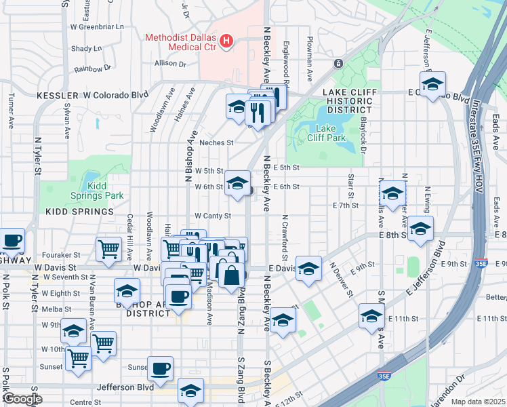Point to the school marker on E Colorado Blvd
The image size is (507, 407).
pyautogui.click(x=432, y=84)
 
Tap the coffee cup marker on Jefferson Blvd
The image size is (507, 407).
pyautogui.click(x=160, y=368)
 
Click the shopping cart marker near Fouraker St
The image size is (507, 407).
pyautogui.click(x=108, y=250)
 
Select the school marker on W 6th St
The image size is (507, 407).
pyautogui.click(x=237, y=183)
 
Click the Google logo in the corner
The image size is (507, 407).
pyautogui.click(x=22, y=399)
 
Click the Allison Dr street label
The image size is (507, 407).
pyautogui.click(x=170, y=63)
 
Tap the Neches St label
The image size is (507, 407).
pyautogui.click(x=216, y=143)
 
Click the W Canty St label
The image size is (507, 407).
pyautogui.click(x=213, y=216)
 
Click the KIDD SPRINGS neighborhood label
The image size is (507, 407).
pyautogui.click(x=79, y=212)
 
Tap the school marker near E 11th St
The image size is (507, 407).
pyautogui.click(x=371, y=315)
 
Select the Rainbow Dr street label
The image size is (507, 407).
pyautogui.click(x=93, y=69)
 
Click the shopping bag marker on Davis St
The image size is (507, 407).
pyautogui.click(x=231, y=275)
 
